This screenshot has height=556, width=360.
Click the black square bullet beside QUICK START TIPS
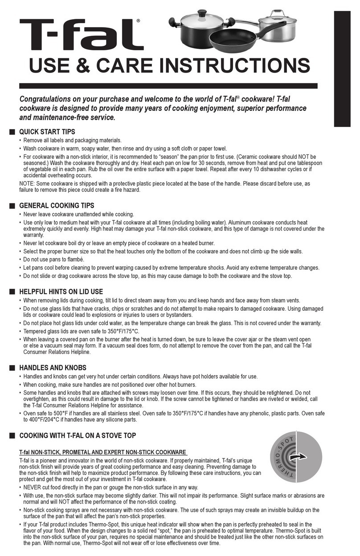(12, 132)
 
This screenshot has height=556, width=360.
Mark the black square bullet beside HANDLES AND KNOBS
(12, 368)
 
